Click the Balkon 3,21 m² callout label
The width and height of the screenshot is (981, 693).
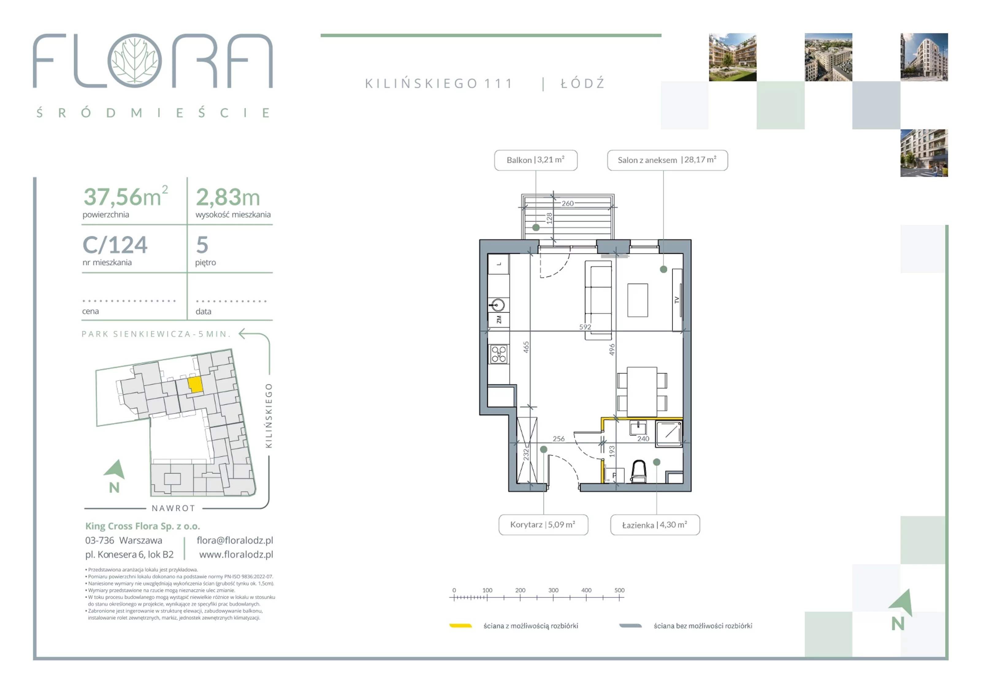536,160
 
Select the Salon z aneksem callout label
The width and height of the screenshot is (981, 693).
667,160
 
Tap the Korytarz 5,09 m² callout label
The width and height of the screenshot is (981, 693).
543,525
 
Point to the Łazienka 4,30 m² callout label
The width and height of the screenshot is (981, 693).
655,525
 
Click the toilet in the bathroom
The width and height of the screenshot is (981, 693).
639,471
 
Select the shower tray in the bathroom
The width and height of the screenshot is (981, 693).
669,434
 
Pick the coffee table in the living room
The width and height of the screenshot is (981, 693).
637,300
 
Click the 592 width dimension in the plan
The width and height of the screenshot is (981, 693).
585,327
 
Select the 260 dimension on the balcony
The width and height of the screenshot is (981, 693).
567,204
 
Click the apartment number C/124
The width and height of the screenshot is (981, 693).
115,245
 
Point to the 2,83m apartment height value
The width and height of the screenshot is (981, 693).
228,197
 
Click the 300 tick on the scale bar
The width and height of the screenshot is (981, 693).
553,590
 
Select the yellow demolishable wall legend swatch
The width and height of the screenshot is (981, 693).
460,626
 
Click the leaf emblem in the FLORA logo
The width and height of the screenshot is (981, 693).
135,61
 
